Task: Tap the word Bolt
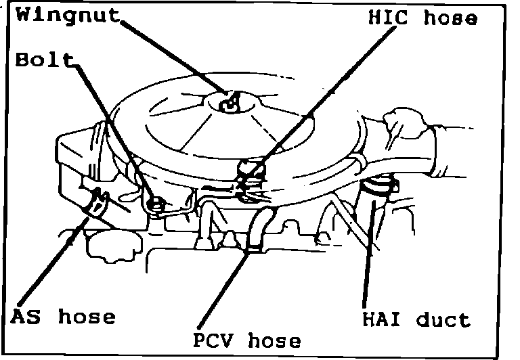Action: point(43,61)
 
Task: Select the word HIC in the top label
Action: point(390,18)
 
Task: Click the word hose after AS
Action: point(87,317)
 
